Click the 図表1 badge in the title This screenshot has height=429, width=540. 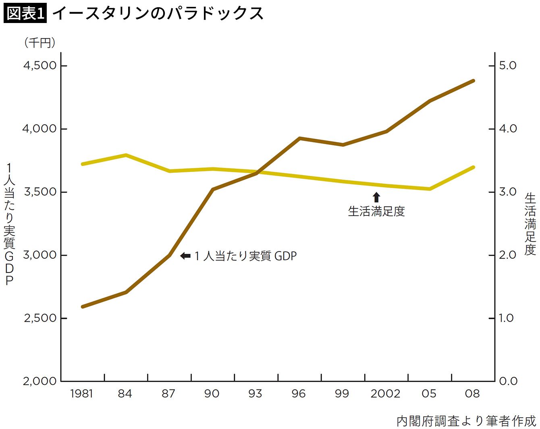pyautogui.click(x=25, y=13)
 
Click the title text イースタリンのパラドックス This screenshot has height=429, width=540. pyautogui.click(x=158, y=13)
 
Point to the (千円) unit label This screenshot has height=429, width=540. pyautogui.click(x=40, y=43)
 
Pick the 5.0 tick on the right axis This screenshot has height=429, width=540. pyautogui.click(x=507, y=65)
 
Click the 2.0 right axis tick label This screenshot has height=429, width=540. pyautogui.click(x=507, y=255)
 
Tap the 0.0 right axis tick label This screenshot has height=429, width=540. pyautogui.click(x=507, y=381)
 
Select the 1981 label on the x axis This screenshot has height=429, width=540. pyautogui.click(x=82, y=393)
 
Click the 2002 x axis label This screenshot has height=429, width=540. pyautogui.click(x=385, y=393)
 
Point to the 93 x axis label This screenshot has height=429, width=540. pyautogui.click(x=255, y=393)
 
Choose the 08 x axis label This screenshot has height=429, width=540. pyautogui.click(x=472, y=393)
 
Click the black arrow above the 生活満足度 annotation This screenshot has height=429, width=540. pyautogui.click(x=376, y=197)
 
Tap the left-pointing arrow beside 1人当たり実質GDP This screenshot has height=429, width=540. pyautogui.click(x=185, y=256)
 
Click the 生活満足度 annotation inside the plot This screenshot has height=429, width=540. pyautogui.click(x=376, y=211)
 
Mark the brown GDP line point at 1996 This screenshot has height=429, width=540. pyautogui.click(x=300, y=138)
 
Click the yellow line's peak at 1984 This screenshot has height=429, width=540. pyautogui.click(x=126, y=155)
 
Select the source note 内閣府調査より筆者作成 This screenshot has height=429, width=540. pyautogui.click(x=466, y=421)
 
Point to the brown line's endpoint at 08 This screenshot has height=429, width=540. pyautogui.click(x=473, y=81)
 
